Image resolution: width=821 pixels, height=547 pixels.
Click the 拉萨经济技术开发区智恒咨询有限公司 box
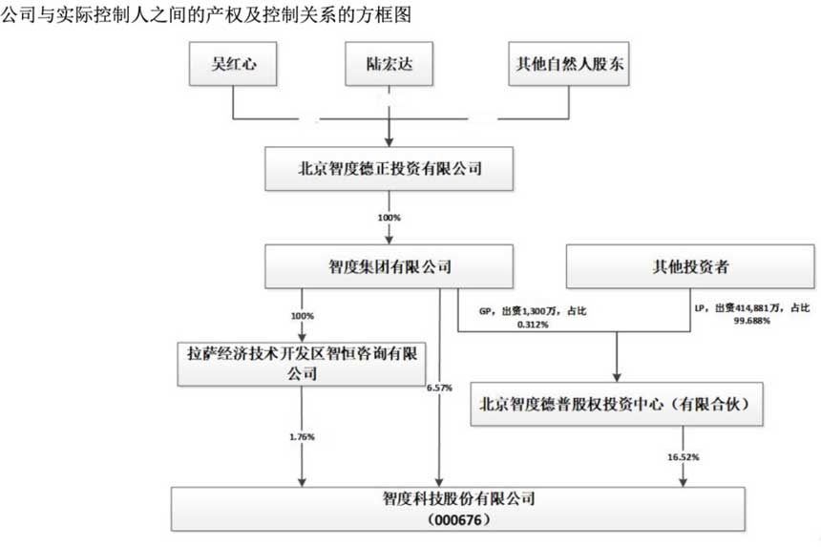[x=303, y=363]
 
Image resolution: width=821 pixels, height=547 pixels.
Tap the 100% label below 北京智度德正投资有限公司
[x=389, y=218]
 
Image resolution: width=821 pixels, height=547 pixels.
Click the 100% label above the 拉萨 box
[x=303, y=315]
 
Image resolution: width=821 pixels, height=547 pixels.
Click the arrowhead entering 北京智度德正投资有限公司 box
[x=389, y=142]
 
